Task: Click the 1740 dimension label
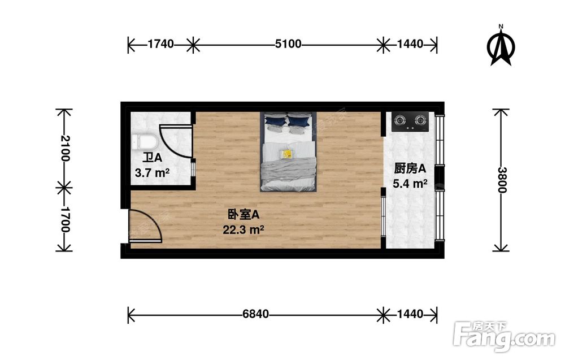pos(160,44)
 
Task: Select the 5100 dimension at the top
pos(288,44)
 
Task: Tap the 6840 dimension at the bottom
pos(255,314)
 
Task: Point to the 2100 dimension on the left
pos(65,148)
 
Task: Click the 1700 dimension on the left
pos(65,219)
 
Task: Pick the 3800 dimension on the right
pos(502,180)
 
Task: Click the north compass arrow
pos(501,46)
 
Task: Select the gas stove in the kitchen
pos(410,122)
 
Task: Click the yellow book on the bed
pos(287,154)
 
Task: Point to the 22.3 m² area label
pos(243,229)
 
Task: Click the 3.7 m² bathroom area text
pos(152,173)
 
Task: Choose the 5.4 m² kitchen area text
pos(410,184)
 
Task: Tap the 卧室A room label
pos(243,215)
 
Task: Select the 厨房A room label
pos(410,168)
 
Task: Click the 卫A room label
pos(152,158)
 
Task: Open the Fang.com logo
pos(505,337)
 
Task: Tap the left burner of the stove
pos(401,119)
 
